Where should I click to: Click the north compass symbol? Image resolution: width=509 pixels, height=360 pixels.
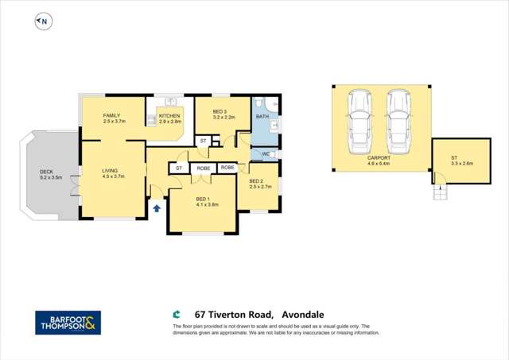pyautogui.click(x=42, y=21)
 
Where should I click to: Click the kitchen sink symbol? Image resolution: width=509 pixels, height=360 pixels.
pyautogui.click(x=170, y=103)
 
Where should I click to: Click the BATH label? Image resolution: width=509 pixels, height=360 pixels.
pyautogui.click(x=262, y=118)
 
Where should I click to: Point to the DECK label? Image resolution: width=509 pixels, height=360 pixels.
pyautogui.click(x=47, y=173)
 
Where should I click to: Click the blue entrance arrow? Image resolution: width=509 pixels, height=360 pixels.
pyautogui.click(x=157, y=207)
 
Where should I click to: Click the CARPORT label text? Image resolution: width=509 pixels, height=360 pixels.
pyautogui.click(x=378, y=159)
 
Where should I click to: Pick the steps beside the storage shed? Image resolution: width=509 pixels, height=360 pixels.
pyautogui.click(x=437, y=192)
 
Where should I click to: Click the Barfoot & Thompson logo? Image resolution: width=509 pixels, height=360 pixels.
pyautogui.click(x=68, y=322)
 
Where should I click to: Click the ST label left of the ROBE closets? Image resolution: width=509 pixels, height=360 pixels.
pyautogui.click(x=178, y=168)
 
